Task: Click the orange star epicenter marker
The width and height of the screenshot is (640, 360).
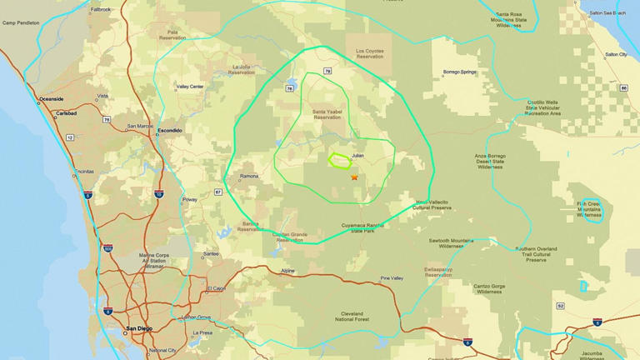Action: [354, 177]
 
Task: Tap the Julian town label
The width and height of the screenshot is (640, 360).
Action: [358, 155]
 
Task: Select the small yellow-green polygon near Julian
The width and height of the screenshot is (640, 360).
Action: [339, 160]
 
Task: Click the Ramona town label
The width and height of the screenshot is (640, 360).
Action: [249, 177]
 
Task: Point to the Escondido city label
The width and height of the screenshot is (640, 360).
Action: [170, 130]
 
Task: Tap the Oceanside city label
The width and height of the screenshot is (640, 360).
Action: [51, 99]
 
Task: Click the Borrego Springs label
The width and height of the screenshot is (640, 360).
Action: [460, 72]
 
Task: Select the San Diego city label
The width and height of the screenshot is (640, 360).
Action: [139, 329]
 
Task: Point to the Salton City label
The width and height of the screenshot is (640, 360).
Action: [616, 54]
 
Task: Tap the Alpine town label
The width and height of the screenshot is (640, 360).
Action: [287, 271]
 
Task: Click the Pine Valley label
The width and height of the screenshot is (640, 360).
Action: [391, 277]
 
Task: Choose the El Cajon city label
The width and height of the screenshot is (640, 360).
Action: [216, 288]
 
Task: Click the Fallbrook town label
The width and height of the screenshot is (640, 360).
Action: [100, 9]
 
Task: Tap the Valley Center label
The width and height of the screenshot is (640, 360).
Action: [190, 86]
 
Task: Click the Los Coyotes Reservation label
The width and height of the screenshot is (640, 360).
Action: [370, 53]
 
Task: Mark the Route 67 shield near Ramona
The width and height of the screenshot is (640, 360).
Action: [217, 192]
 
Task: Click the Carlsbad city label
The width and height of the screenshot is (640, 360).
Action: [67, 112]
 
